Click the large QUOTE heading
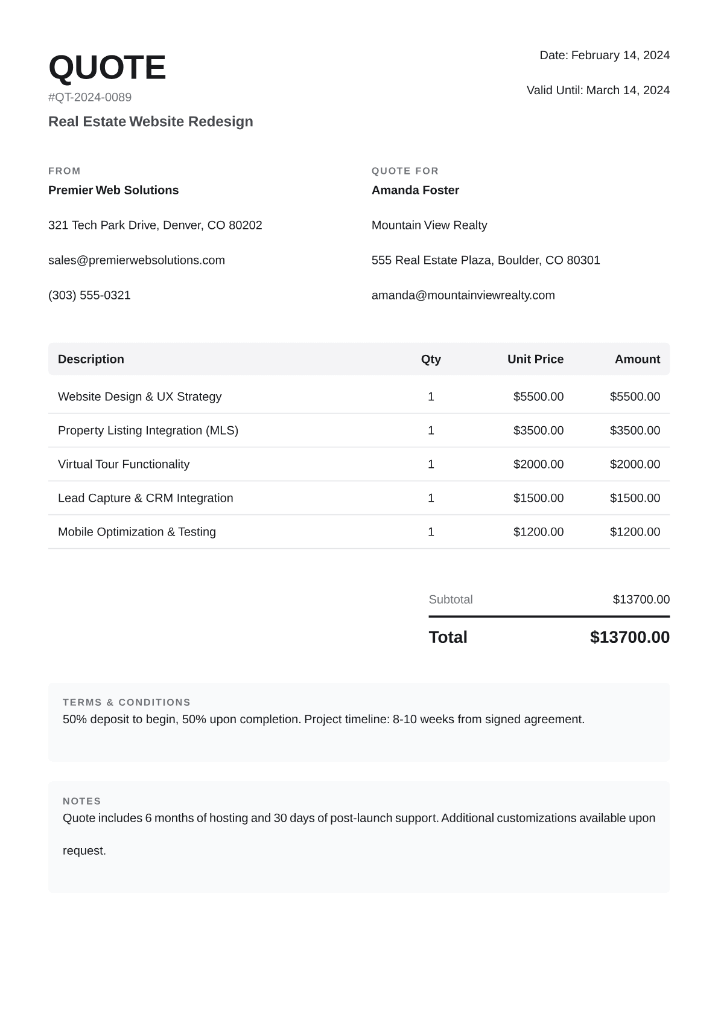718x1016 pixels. coord(107,67)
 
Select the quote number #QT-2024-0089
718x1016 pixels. coord(90,97)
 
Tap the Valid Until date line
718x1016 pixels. coord(597,90)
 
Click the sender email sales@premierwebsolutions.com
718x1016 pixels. coord(136,260)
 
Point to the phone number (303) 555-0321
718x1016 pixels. coord(89,295)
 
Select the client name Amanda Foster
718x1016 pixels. coord(415,190)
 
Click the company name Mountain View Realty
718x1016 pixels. coord(429,225)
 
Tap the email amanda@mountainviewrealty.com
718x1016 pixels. coord(463,295)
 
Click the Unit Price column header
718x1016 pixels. coord(535,359)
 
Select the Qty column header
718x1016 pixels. coord(431,359)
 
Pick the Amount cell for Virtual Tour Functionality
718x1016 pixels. coord(635,464)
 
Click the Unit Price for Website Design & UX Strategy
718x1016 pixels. coord(538,397)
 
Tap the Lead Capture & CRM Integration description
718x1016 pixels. coord(145,498)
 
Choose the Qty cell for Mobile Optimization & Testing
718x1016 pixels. coord(431,532)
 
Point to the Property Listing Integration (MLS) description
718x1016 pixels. coord(148,430)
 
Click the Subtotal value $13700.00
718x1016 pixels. coord(641,599)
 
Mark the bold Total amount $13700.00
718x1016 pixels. coord(629,637)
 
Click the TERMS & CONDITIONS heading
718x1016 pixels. coord(127,702)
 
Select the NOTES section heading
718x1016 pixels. coord(82,801)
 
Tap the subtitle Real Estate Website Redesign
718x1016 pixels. coord(151,121)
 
